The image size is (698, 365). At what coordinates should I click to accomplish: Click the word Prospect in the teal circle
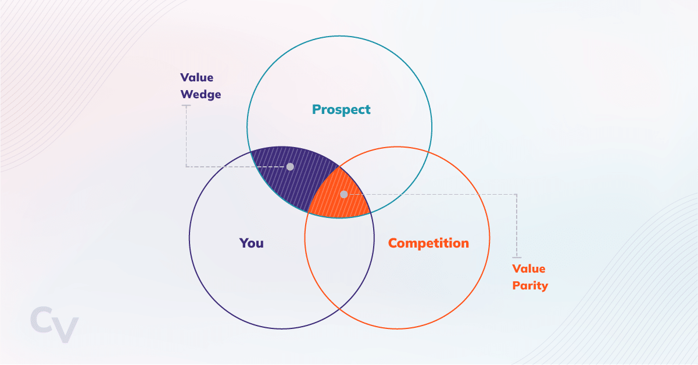(x=341, y=109)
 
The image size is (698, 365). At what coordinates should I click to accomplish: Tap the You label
(x=252, y=243)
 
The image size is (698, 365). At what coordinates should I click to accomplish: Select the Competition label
(x=428, y=243)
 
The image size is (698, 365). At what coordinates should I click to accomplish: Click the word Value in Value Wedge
(x=196, y=78)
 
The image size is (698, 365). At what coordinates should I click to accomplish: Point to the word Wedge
(x=201, y=94)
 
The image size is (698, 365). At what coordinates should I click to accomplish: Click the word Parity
(x=529, y=286)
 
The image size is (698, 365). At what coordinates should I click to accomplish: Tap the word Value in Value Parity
(x=528, y=269)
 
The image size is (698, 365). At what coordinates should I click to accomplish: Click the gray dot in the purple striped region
(x=290, y=167)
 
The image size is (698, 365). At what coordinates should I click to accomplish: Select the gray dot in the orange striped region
(x=343, y=194)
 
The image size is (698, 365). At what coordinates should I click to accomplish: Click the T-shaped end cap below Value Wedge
(x=186, y=106)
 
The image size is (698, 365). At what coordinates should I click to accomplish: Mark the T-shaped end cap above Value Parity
(x=516, y=257)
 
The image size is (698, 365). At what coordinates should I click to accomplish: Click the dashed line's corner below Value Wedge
(x=186, y=167)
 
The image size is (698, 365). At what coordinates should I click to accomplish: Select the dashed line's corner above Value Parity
(x=516, y=194)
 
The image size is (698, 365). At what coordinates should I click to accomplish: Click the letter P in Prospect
(x=317, y=109)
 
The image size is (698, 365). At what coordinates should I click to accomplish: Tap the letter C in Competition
(x=393, y=243)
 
